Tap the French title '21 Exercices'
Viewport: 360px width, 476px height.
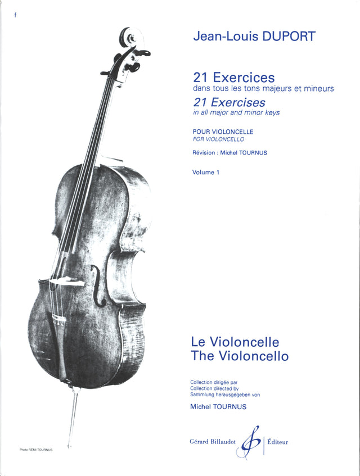[x=233, y=78]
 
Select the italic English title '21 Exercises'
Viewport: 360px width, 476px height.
[x=229, y=102]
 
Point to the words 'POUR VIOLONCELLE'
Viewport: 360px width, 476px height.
[x=223, y=132]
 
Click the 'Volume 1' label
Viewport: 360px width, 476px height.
[x=206, y=173]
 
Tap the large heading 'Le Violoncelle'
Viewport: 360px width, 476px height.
[x=235, y=342]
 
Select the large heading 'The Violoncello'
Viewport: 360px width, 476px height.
[x=240, y=356]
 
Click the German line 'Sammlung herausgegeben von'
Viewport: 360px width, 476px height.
[x=225, y=395]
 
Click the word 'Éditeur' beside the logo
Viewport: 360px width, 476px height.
[x=278, y=442]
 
